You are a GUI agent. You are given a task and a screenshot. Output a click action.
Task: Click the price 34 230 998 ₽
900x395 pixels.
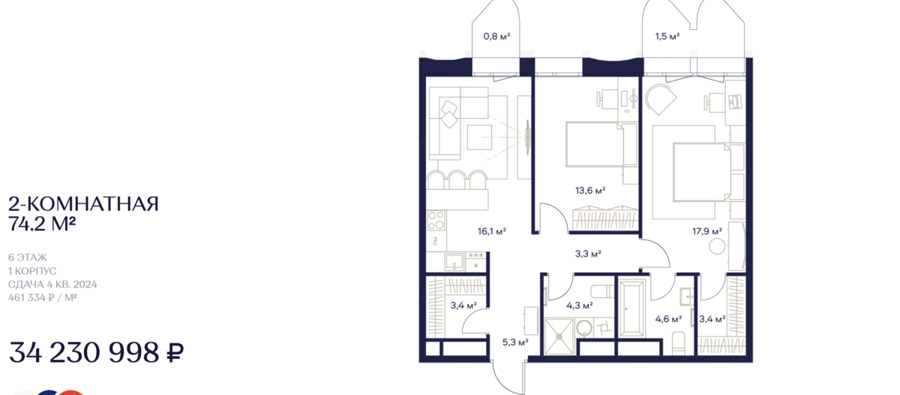point(97,352)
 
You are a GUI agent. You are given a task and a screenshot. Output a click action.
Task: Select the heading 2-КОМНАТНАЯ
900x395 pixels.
point(83,204)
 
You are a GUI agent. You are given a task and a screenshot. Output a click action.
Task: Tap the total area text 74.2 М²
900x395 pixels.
point(42,224)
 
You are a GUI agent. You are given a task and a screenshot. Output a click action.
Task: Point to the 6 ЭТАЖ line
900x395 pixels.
point(27,257)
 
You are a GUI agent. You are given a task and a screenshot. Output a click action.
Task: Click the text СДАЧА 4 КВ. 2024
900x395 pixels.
point(52,285)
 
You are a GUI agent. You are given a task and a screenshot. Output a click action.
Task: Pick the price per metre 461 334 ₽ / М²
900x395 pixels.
point(43,297)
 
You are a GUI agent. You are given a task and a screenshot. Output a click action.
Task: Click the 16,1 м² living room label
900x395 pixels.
point(492,231)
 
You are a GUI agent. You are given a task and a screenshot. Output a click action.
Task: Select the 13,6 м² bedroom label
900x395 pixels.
point(590,190)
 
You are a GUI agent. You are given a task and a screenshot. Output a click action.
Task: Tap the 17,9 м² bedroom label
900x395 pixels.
point(706,231)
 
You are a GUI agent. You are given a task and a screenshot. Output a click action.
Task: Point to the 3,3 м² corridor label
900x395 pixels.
point(588,254)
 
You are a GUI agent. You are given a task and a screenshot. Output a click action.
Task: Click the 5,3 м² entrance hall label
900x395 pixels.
point(515,342)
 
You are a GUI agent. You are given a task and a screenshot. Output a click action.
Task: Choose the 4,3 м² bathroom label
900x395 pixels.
point(579,306)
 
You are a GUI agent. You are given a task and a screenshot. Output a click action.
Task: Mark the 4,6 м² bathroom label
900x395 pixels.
point(668,319)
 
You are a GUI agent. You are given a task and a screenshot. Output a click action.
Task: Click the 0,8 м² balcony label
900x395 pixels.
point(496,37)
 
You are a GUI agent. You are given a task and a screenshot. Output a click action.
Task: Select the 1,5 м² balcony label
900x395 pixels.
point(667,37)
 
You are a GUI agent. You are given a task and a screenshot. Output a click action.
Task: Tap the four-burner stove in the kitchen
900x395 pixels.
point(436,221)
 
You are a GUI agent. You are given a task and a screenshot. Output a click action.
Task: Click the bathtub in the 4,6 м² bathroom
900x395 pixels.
point(632,308)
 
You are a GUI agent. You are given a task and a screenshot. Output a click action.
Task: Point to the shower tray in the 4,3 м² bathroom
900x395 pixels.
point(559,337)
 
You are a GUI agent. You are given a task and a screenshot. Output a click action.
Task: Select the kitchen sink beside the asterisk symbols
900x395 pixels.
point(454,261)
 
